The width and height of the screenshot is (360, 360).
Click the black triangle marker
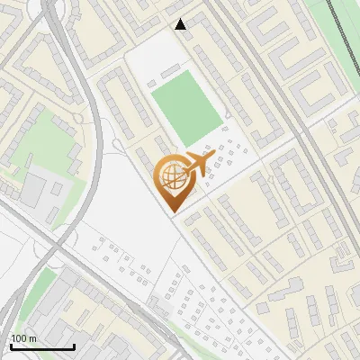[x=181, y=24]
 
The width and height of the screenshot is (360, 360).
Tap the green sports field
[x=185, y=111]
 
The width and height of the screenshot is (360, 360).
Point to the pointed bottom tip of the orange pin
[x=172, y=211]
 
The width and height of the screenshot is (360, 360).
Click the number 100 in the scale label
[x=19, y=338]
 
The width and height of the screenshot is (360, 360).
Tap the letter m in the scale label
[x=32, y=338]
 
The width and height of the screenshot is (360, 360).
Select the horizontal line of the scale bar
[x=41, y=346]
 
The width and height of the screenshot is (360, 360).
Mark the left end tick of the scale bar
[x=10, y=345]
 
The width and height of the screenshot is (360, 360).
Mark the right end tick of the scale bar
[x=73, y=345]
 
